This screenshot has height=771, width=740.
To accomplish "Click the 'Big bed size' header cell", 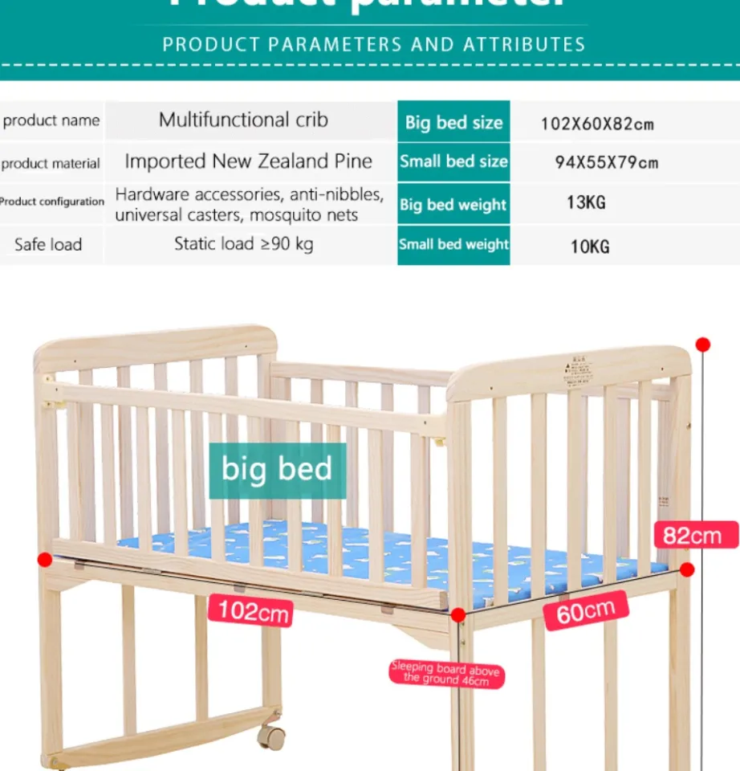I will pyautogui.click(x=453, y=122).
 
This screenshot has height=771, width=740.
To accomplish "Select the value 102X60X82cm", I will pyautogui.click(x=596, y=124).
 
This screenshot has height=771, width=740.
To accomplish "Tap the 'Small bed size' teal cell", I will pyautogui.click(x=453, y=161).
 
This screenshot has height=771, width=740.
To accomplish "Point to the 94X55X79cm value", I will pyautogui.click(x=606, y=162).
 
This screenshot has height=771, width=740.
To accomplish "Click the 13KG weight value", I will pyautogui.click(x=586, y=202).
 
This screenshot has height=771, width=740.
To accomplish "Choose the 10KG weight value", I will pyautogui.click(x=590, y=247).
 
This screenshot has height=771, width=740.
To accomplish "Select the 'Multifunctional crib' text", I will pyautogui.click(x=243, y=120).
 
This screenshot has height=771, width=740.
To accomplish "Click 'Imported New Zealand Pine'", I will pyautogui.click(x=248, y=161).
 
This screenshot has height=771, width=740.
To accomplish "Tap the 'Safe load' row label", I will pyautogui.click(x=48, y=244).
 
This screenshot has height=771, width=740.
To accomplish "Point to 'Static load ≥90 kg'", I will pyautogui.click(x=243, y=243).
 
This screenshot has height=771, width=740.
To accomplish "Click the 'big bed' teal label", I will pyautogui.click(x=277, y=469).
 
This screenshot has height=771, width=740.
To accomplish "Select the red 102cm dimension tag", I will pyautogui.click(x=251, y=611).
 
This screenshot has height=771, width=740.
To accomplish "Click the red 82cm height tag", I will pyautogui.click(x=693, y=535).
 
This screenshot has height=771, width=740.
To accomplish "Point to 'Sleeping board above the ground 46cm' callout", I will pyautogui.click(x=445, y=674).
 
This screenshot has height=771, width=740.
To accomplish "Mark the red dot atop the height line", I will pyautogui.click(x=703, y=345).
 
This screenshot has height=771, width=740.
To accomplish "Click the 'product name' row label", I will pyautogui.click(x=51, y=121).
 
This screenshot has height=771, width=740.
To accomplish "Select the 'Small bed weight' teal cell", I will pyautogui.click(x=453, y=244).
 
